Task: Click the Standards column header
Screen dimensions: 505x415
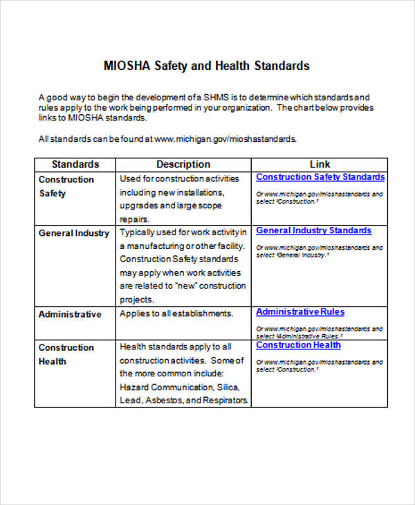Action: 75,165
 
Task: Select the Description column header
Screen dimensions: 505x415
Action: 183,165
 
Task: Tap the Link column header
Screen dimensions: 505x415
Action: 320,165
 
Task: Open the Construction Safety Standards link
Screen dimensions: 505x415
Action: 320,177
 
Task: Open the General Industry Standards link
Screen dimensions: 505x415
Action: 313,230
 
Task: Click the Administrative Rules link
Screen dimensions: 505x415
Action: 300,312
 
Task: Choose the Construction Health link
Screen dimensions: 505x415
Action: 298,345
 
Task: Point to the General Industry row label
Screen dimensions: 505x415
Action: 74,233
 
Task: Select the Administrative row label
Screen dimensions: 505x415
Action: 70,314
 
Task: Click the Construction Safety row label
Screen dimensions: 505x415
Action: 66,186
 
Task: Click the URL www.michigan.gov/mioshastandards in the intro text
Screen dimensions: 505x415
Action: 225,139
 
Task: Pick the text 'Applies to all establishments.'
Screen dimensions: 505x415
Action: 176,314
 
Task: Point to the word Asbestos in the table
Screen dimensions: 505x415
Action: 164,401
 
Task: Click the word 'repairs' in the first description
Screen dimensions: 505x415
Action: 135,219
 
